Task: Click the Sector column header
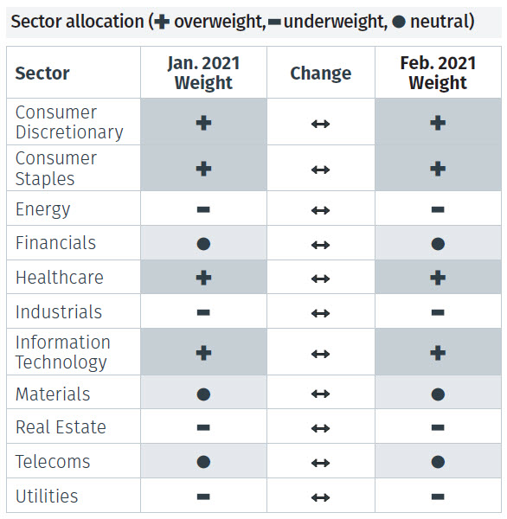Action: tap(42, 73)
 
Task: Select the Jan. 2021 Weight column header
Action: tap(203, 73)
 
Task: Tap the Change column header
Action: tap(320, 73)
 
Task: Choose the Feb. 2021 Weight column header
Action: tap(438, 73)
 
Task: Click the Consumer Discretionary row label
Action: tap(69, 122)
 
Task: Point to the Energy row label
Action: tap(43, 209)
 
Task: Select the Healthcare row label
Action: tap(59, 278)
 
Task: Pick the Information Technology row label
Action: tap(62, 352)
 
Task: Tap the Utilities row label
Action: tap(47, 497)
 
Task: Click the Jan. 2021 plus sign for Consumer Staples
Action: tap(203, 169)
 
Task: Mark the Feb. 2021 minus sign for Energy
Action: tap(438, 210)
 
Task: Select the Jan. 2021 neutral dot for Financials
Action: tap(203, 244)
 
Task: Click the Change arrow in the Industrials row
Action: tap(320, 312)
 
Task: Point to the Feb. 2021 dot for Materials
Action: tap(438, 394)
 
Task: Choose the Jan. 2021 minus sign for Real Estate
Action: tap(203, 428)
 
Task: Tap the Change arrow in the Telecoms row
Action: tap(320, 463)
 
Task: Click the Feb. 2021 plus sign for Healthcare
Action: tap(438, 278)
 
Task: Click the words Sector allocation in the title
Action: tap(77, 21)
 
